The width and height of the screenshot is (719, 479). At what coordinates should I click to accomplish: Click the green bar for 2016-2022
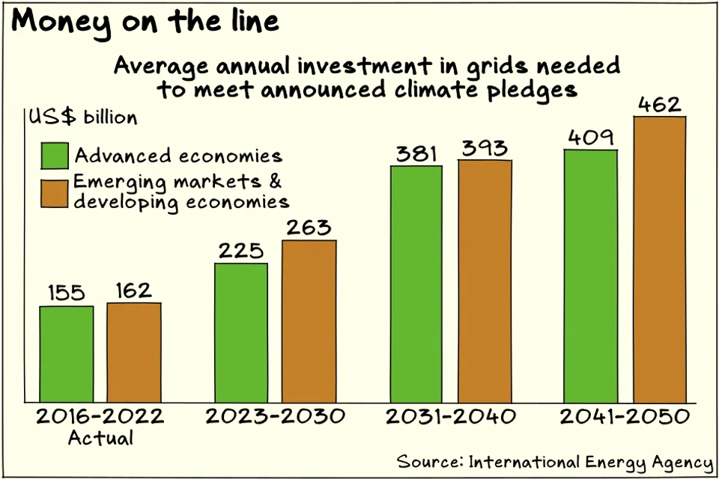tap(67, 354)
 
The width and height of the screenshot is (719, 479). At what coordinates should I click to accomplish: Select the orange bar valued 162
tap(134, 352)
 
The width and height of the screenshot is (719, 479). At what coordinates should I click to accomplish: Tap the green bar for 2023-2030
tap(241, 332)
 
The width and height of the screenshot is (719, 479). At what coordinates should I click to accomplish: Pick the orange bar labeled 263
tap(309, 321)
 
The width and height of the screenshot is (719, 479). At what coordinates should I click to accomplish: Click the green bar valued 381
tap(416, 284)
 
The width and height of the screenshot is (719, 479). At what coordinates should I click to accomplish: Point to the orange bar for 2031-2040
tap(485, 281)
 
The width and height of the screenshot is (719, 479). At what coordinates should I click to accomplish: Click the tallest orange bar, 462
tap(660, 259)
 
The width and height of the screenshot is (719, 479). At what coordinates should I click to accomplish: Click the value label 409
tap(591, 137)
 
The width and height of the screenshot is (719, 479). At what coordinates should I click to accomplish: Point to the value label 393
tap(484, 147)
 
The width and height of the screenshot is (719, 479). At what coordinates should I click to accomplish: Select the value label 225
tap(241, 250)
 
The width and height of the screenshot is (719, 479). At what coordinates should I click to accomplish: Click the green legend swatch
tap(54, 156)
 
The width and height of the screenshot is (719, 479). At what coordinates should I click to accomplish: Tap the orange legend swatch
tap(54, 192)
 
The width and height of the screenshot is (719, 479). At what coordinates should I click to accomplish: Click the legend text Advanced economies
tap(178, 156)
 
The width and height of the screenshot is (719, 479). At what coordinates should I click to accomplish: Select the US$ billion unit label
tap(82, 118)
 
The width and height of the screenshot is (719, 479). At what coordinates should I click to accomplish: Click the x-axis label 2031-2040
tap(451, 417)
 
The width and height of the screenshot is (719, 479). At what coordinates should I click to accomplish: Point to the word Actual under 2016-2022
tap(100, 438)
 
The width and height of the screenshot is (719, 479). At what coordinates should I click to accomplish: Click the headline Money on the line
tap(145, 21)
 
